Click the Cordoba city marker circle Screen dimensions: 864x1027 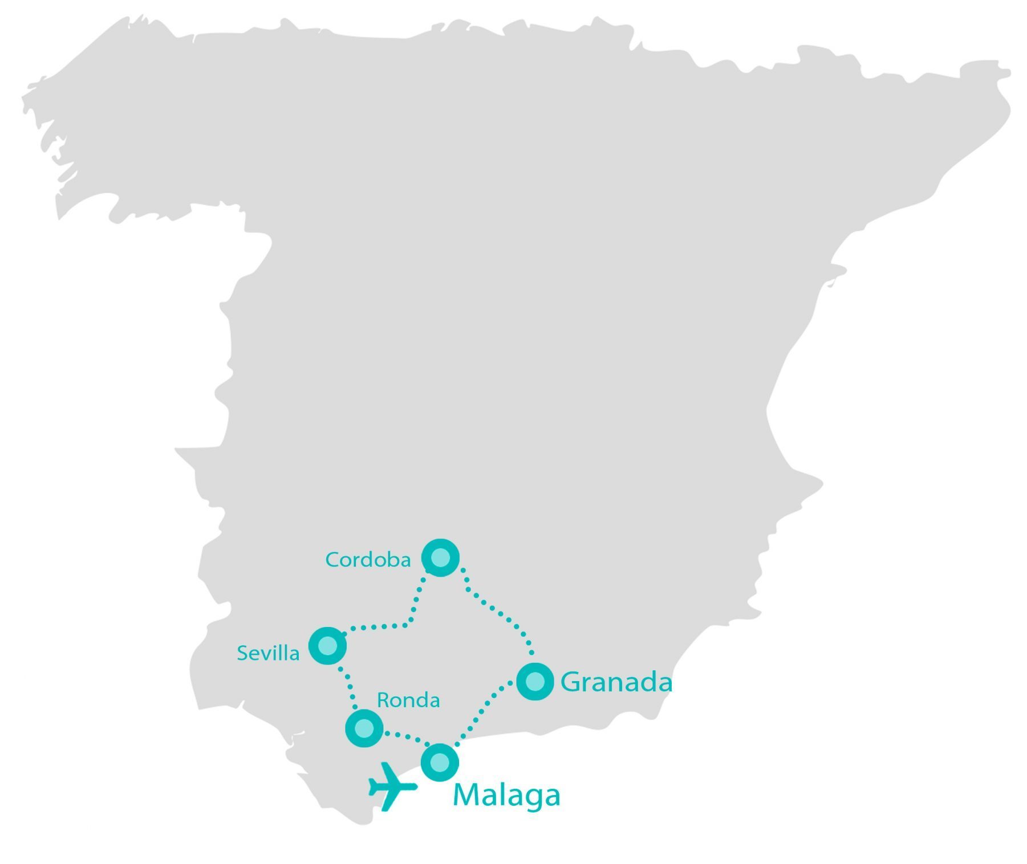point(440,557)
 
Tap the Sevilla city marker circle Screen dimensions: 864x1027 point(327,646)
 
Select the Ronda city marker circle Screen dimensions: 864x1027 point(364,728)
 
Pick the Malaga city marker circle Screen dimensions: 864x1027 point(440,762)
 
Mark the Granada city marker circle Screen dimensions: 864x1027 point(535,681)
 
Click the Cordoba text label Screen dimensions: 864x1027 point(368,560)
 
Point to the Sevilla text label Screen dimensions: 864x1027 point(268,653)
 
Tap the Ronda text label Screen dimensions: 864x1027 point(408,700)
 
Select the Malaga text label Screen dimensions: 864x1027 point(506,795)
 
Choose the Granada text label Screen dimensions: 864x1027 point(616,682)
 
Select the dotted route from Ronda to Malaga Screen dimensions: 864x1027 point(405,737)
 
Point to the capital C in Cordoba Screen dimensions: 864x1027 point(332,560)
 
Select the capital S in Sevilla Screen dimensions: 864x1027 point(243,653)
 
